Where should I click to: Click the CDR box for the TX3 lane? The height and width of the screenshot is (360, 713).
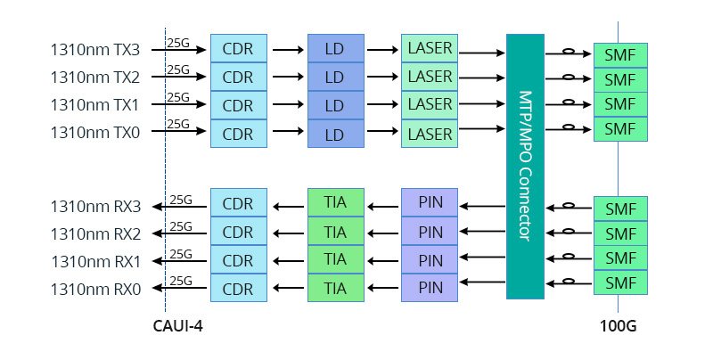(x=238, y=48)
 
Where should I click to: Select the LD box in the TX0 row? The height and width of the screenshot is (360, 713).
(x=334, y=135)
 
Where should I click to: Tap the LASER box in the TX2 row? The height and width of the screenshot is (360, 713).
(x=430, y=76)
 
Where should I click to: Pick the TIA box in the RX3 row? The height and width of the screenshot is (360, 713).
(x=335, y=202)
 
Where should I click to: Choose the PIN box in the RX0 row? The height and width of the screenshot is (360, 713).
(x=430, y=288)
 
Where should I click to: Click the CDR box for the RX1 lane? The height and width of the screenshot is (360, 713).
(x=238, y=260)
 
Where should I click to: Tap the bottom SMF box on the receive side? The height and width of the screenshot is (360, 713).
(x=620, y=282)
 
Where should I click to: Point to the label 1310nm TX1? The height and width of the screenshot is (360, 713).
(x=95, y=105)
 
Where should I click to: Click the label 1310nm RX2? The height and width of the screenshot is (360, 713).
(x=95, y=234)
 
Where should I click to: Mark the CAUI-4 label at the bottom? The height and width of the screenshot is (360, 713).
(x=179, y=326)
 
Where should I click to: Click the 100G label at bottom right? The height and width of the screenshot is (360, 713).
(x=618, y=326)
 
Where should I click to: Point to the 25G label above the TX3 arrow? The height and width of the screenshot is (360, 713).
(x=178, y=41)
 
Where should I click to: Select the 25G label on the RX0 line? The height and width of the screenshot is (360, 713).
(x=181, y=281)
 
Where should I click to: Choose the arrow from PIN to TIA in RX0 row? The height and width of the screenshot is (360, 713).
(x=383, y=287)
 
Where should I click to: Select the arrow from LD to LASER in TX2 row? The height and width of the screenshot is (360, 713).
(x=381, y=78)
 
